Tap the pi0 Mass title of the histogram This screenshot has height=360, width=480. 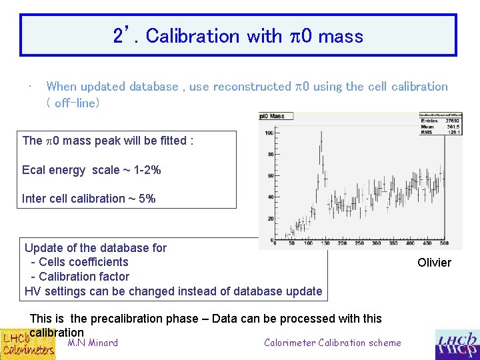[x=272, y=116]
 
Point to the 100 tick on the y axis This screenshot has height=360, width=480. [x=269, y=133]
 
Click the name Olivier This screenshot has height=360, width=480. [x=434, y=263]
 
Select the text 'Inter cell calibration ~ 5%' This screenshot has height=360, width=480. [x=89, y=199]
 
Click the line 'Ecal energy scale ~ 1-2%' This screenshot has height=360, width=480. [x=91, y=170]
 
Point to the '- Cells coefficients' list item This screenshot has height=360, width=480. [x=79, y=262]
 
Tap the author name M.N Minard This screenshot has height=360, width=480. [x=93, y=343]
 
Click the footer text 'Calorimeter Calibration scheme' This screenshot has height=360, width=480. [x=332, y=343]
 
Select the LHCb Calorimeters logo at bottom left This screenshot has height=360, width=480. [x=27, y=344]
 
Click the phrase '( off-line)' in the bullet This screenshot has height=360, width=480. [x=73, y=103]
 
